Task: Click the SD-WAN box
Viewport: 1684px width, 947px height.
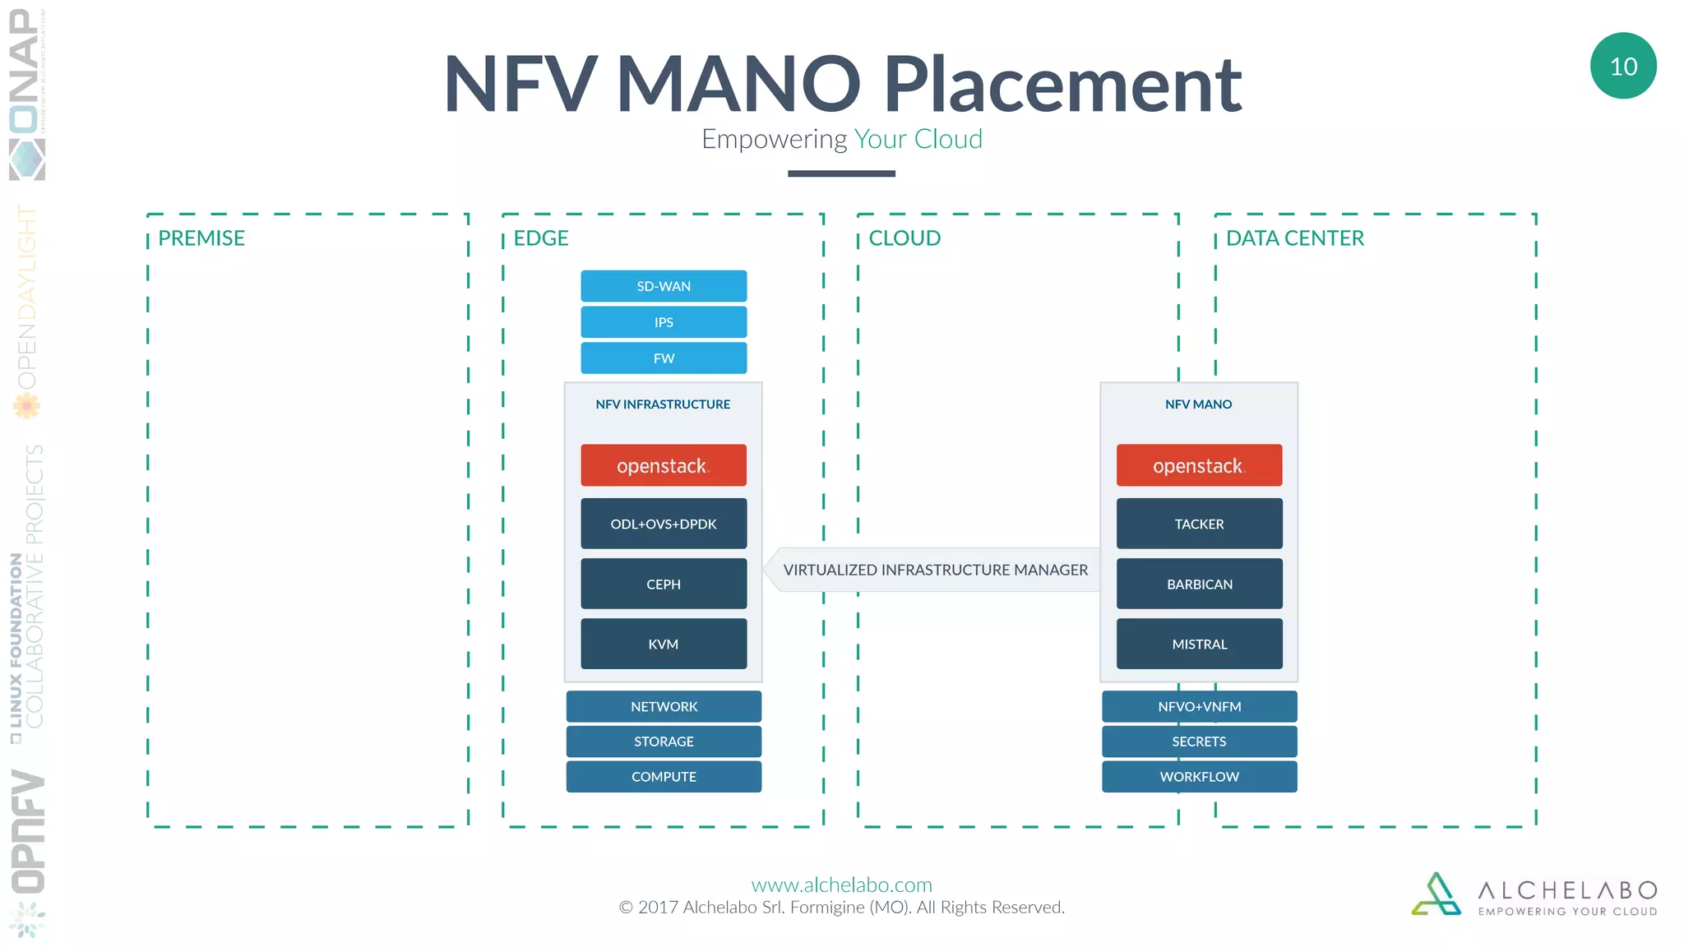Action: [x=664, y=286]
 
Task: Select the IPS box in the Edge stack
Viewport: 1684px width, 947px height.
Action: [x=664, y=322]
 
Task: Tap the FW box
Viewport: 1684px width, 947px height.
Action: [x=664, y=358]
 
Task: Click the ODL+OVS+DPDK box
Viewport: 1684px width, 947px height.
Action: [x=664, y=524]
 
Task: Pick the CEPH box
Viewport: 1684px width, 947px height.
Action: [x=664, y=584]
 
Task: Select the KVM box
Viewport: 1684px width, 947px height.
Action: [x=664, y=644]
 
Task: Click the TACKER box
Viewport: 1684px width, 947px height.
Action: [x=1199, y=524]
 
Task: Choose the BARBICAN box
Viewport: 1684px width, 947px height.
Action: [x=1199, y=584]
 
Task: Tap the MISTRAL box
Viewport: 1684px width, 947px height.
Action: [x=1199, y=644]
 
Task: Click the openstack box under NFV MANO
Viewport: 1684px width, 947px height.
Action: [x=1199, y=465]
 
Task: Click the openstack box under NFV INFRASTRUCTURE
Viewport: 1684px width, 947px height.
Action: [x=664, y=465]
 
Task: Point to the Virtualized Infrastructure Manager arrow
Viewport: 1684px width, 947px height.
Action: [x=934, y=570]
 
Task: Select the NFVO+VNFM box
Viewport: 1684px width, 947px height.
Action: [x=1199, y=706]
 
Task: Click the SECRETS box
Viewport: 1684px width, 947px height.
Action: [x=1199, y=741]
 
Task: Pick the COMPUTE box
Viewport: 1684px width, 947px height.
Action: [x=664, y=777]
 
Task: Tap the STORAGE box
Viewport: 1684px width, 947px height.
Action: [x=664, y=741]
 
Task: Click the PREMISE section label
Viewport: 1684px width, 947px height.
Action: [x=201, y=238]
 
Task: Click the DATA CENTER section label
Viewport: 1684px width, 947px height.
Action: [x=1294, y=238]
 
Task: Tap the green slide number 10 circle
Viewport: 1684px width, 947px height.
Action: [x=1623, y=66]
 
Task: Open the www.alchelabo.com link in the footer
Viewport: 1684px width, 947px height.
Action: [x=841, y=885]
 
